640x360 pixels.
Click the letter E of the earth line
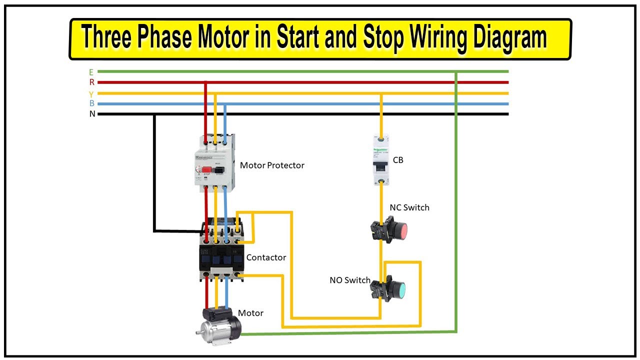[x=91, y=72]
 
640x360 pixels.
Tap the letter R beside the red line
[x=91, y=82]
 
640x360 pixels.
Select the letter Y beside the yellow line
[x=91, y=94]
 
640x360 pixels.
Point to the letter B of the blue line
[x=91, y=104]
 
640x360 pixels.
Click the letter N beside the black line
[x=92, y=114]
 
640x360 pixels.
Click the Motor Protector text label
[x=272, y=165]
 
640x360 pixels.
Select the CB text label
[x=398, y=160]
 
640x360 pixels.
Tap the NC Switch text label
[x=409, y=207]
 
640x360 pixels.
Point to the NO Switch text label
[x=349, y=280]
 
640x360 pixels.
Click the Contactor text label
[x=266, y=257]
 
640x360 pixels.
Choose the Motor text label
[x=250, y=313]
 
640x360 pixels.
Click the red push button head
[x=400, y=230]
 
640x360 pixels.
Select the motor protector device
[x=215, y=163]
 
